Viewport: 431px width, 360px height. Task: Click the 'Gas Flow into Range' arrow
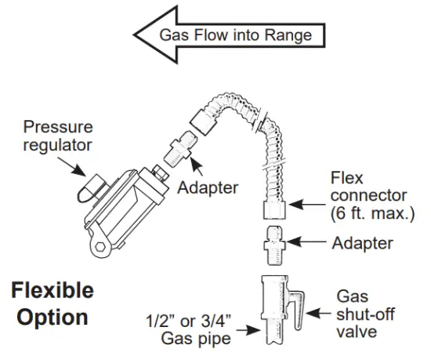pos(227,35)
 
